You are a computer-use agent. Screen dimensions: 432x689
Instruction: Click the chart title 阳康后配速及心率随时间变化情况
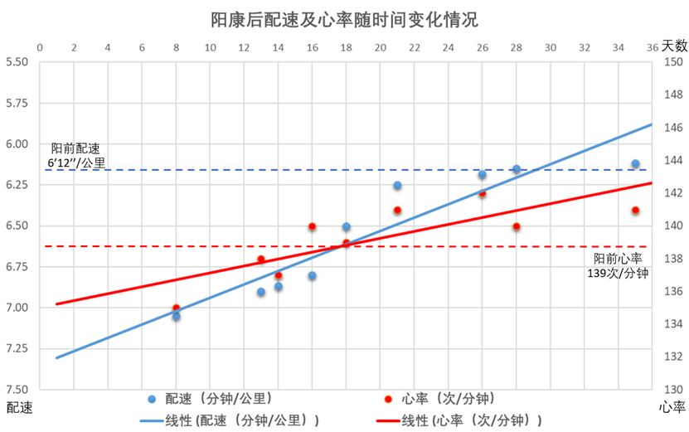(343, 19)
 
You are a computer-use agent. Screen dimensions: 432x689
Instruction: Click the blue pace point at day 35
(635, 164)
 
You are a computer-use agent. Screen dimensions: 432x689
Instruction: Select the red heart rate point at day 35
(635, 211)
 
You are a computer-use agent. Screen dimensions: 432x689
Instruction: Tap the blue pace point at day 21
(397, 185)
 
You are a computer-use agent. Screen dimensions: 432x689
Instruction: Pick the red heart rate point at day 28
(517, 226)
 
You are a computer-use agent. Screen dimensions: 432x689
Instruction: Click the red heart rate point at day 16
(312, 226)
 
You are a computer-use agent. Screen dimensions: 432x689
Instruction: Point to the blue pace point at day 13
(261, 292)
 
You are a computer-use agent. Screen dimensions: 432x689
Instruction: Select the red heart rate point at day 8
(176, 308)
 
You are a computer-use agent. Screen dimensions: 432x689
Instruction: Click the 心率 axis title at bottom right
(671, 407)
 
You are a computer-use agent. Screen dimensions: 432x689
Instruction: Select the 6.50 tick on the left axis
(17, 226)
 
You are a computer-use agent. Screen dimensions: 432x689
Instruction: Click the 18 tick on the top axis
(346, 47)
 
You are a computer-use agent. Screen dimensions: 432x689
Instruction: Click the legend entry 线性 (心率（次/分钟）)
(472, 420)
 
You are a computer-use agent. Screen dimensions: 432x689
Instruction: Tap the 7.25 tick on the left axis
(17, 349)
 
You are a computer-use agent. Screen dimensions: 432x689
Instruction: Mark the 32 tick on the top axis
(584, 47)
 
